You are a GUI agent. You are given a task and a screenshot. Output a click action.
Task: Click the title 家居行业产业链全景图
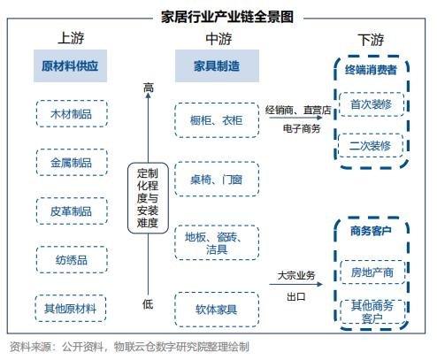(x=227, y=17)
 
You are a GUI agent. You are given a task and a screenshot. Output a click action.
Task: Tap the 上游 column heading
(x=71, y=38)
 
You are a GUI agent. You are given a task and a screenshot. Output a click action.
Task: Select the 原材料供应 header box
(x=70, y=65)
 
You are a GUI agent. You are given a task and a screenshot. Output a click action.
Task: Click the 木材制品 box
(x=72, y=114)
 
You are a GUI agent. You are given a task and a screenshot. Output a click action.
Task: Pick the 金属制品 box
(x=72, y=163)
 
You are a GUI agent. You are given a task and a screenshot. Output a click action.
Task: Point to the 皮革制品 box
(x=72, y=211)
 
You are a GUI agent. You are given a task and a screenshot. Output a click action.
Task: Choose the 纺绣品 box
(x=72, y=260)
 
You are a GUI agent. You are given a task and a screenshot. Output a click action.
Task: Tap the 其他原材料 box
(x=71, y=309)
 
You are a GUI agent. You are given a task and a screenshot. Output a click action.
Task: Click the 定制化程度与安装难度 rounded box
(x=148, y=198)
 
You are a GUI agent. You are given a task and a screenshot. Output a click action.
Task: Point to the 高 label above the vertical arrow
(x=149, y=88)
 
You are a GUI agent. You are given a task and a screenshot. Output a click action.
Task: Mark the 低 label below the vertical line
(x=148, y=303)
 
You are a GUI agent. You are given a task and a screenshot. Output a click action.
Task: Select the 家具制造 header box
(x=217, y=65)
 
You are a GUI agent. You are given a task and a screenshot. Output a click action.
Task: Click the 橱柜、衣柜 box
(x=217, y=120)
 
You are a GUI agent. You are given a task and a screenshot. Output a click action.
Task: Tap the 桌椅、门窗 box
(x=217, y=179)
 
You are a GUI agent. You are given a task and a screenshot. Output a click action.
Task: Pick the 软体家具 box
(x=217, y=310)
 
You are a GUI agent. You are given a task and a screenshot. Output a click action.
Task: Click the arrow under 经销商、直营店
(x=295, y=118)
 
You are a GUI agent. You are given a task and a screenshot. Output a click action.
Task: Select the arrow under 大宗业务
(x=295, y=284)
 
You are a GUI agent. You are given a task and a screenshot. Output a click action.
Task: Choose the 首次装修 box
(x=372, y=104)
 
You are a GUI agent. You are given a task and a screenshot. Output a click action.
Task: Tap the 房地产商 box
(x=372, y=272)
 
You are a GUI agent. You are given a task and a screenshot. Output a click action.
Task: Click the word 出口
(x=295, y=296)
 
